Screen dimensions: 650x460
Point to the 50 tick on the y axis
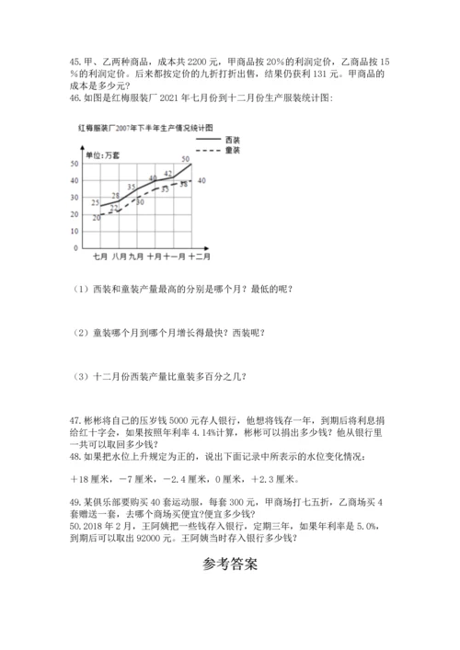pos(74,163)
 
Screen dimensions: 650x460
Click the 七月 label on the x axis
pos(100,258)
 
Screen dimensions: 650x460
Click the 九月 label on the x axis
pos(137,258)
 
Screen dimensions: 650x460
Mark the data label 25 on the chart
pos(96,202)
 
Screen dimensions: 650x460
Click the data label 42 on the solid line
pos(168,173)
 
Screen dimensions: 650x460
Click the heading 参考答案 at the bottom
pos(230,564)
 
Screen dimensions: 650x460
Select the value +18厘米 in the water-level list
pos(90,478)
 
